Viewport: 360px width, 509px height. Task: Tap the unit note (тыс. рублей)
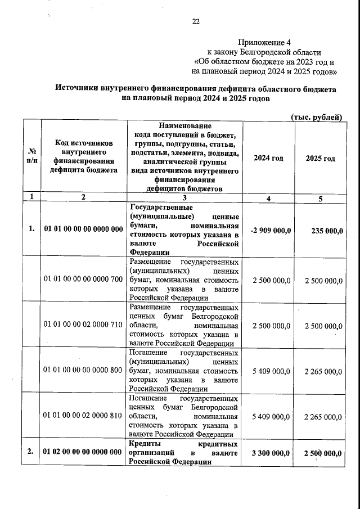pyautogui.click(x=317, y=116)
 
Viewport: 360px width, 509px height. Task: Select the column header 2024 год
pyautogui.click(x=268, y=159)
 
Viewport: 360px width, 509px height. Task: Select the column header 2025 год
pyautogui.click(x=320, y=159)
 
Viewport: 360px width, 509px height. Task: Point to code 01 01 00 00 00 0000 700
pyautogui.click(x=83, y=279)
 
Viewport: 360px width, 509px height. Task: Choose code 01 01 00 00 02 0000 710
pyautogui.click(x=83, y=325)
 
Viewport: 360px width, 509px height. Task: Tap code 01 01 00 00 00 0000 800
pyautogui.click(x=83, y=370)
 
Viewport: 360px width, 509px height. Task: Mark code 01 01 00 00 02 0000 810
pyautogui.click(x=83, y=416)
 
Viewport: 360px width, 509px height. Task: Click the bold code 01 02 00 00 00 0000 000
pyautogui.click(x=83, y=452)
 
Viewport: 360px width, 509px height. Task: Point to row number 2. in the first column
pyautogui.click(x=32, y=452)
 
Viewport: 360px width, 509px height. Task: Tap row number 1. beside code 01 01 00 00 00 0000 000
pyautogui.click(x=32, y=228)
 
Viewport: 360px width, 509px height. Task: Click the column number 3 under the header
pyautogui.click(x=184, y=197)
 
